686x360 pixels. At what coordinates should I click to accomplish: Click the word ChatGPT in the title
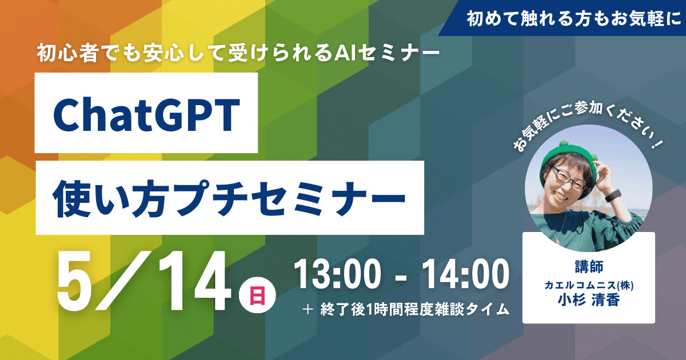pos(146,114)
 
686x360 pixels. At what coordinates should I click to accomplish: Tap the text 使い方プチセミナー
pos(229,199)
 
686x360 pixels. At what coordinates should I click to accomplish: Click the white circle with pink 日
pos(257,295)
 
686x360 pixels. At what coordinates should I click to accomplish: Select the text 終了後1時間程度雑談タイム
pos(414,310)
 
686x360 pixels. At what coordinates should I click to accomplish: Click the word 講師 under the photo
pos(589,267)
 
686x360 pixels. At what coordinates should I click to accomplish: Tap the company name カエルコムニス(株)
pos(589,285)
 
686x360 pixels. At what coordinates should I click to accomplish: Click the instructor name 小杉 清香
pos(589,300)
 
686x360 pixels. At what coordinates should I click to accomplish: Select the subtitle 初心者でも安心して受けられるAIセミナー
pos(238,53)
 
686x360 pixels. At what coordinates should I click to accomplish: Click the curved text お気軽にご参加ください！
pos(589,126)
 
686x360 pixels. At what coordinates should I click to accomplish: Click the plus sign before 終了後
pos(308,310)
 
